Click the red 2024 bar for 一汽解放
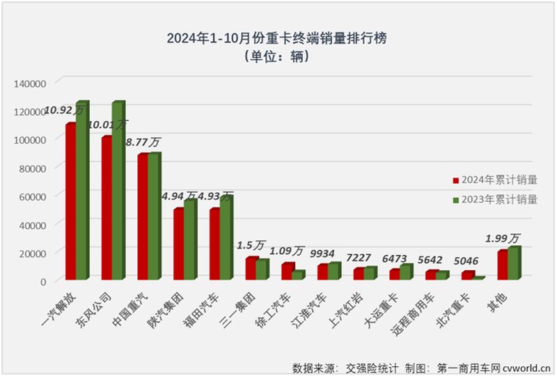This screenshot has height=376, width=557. pos(71,202)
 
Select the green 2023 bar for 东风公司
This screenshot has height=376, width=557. pos(118,191)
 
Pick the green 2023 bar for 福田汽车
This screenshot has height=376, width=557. pos(226,239)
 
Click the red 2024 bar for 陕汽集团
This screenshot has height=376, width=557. pos(178,244)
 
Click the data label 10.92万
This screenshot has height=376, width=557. pos(64,109)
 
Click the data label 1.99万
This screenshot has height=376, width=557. pos(507,238)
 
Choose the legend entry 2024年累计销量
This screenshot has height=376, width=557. pos(495,180)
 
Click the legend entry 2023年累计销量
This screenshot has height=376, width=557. pos(495,200)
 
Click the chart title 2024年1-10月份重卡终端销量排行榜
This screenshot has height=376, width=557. pos(276,39)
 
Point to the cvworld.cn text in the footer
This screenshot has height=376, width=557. pos(526,366)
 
